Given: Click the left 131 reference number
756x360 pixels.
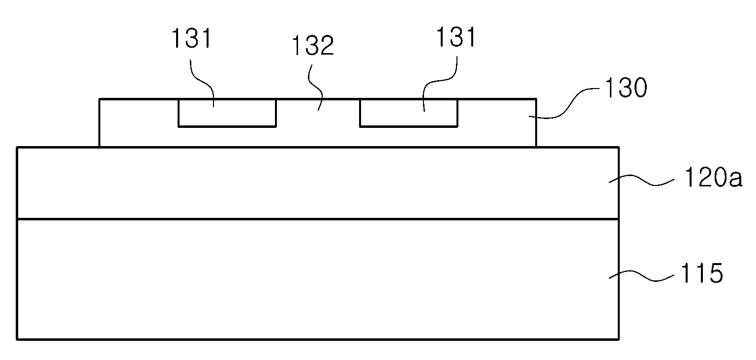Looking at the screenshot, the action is pyautogui.click(x=192, y=38).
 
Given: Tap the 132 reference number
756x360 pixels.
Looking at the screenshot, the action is pyautogui.click(x=313, y=45).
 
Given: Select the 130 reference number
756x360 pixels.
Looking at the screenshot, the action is pyautogui.click(x=627, y=88).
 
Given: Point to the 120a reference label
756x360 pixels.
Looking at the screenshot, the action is pyautogui.click(x=713, y=178).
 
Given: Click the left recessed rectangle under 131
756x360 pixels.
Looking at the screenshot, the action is pyautogui.click(x=227, y=113).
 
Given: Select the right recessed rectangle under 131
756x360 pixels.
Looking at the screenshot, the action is pyautogui.click(x=409, y=113).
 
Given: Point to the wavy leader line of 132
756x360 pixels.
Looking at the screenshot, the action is pyautogui.click(x=315, y=88).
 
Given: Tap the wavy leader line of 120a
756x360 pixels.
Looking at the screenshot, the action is pyautogui.click(x=641, y=180).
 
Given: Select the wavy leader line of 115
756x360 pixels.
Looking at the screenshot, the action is pyautogui.click(x=641, y=275).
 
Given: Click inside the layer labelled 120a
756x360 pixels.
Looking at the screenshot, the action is pyautogui.click(x=317, y=183).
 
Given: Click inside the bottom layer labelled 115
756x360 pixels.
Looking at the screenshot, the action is pyautogui.click(x=317, y=279).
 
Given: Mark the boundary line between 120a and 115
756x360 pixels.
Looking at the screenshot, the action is pyautogui.click(x=318, y=219).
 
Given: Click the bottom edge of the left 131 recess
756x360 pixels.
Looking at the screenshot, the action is pyautogui.click(x=227, y=126).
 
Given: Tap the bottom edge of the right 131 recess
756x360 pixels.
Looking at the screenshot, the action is pyautogui.click(x=409, y=126).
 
